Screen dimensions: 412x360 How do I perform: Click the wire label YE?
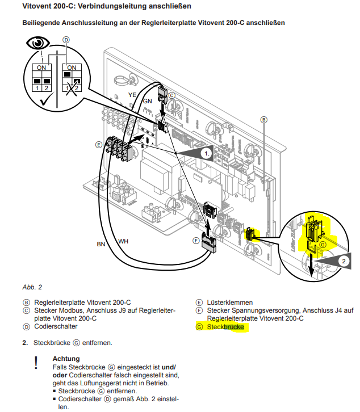132,94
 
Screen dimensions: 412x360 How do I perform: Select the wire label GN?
146,101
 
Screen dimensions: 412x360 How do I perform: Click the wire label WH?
123,241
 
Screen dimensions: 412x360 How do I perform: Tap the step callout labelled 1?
207,153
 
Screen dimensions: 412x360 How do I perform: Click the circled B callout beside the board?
263,120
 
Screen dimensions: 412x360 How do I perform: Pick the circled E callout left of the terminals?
98,145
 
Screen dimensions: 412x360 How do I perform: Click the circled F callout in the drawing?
196,241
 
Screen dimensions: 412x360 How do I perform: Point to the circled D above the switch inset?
66,40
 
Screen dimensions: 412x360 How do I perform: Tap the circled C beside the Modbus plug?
171,96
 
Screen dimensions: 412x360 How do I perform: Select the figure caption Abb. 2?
32,287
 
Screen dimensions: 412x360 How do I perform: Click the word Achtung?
66,359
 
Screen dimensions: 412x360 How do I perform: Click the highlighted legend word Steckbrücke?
225,327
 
